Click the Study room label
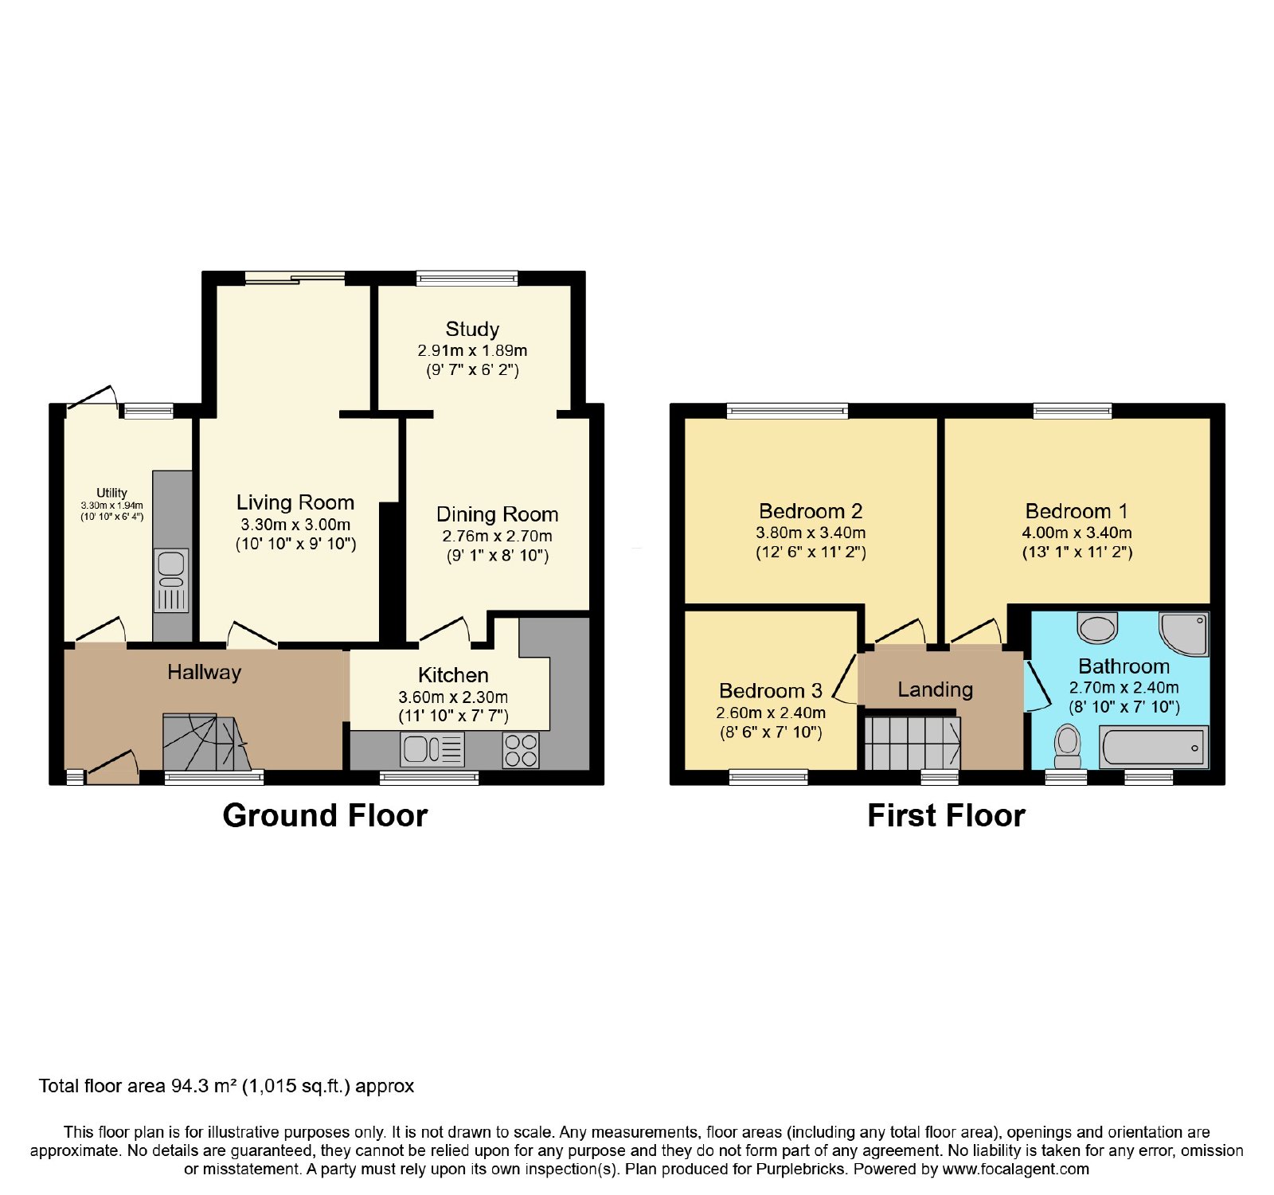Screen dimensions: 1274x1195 click(x=472, y=329)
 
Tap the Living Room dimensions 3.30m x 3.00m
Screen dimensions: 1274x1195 click(x=295, y=525)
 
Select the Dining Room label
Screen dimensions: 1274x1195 click(x=497, y=514)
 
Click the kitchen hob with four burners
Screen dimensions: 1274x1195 click(x=521, y=750)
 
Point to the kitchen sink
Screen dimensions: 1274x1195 click(x=433, y=749)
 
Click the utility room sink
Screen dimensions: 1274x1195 click(x=171, y=580)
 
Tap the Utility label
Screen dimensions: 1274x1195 click(x=111, y=493)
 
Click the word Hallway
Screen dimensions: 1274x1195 click(x=204, y=673)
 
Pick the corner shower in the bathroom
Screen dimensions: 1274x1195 click(x=1184, y=634)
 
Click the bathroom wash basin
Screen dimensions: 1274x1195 click(x=1097, y=627)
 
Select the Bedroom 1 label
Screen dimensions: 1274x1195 click(x=1077, y=511)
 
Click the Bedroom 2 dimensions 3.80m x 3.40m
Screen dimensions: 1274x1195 click(x=811, y=533)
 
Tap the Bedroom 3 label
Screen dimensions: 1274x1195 click(x=770, y=691)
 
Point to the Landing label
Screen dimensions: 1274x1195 click(x=936, y=689)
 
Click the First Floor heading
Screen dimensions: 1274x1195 click(x=946, y=816)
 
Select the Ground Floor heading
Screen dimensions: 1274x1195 click(x=325, y=816)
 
